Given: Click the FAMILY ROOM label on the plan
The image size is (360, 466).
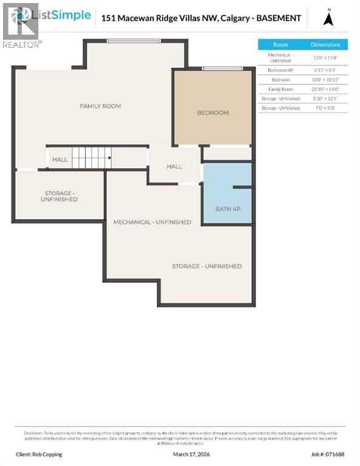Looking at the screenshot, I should pos(100,106).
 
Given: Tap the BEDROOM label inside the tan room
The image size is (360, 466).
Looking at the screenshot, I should pos(212,113).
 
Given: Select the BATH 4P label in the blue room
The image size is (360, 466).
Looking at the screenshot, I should pos(228,209).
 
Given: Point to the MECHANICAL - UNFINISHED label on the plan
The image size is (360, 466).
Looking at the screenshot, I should pos(152,222).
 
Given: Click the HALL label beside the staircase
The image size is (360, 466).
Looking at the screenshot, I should pos(60,160).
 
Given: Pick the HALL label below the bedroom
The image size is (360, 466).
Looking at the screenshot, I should pos(174,166).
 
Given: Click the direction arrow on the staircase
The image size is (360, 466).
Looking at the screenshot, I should pos(109,158).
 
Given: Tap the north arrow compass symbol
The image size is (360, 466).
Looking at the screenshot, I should pos(328,18).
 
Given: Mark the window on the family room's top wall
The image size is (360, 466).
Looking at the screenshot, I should pos(134,41).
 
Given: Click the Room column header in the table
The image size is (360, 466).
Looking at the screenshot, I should pos(280,45).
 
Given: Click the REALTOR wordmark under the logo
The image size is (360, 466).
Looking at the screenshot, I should pos(22,44).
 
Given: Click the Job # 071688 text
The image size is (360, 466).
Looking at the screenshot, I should pos(328,454).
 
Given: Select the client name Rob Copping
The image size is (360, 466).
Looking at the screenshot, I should pos(39,454).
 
